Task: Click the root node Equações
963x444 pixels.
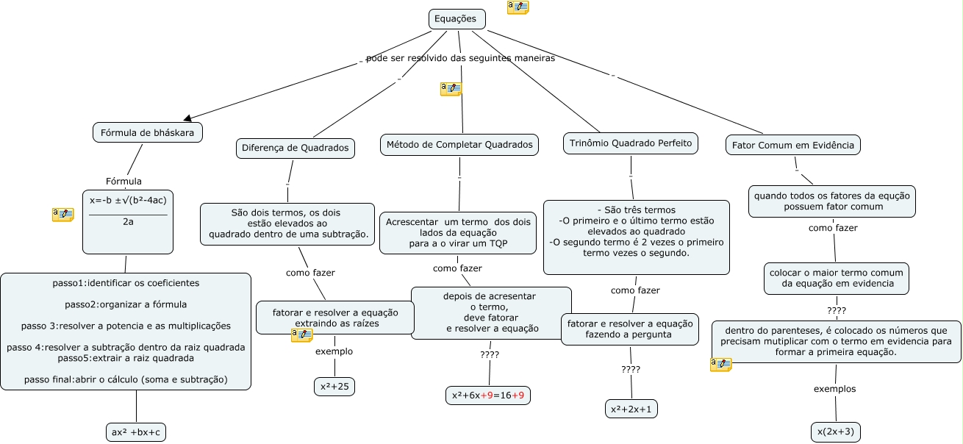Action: coord(457,19)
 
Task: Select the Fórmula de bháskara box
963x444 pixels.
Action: coord(148,132)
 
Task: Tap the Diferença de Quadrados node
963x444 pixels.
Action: coord(296,148)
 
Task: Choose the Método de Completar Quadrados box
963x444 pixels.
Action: coord(459,144)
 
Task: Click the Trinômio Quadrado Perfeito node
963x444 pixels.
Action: coord(630,143)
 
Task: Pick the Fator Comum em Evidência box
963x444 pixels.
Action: coord(792,145)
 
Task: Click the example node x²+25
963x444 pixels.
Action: coord(334,387)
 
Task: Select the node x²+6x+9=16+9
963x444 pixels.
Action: coord(488,395)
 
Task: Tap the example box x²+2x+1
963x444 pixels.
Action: coord(631,409)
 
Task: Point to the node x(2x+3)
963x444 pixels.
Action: coord(836,432)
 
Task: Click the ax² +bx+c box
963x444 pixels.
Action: coord(136,432)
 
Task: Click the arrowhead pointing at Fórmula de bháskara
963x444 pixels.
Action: coord(187,118)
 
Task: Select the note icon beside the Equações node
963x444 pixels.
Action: coord(518,7)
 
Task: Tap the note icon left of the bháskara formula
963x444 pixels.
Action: coord(62,215)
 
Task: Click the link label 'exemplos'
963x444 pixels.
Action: coord(834,389)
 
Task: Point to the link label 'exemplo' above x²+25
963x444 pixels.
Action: coord(334,351)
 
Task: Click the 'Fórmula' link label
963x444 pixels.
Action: coord(123,181)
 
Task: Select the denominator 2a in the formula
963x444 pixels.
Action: coord(128,222)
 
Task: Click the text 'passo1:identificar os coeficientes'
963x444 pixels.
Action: coord(126,283)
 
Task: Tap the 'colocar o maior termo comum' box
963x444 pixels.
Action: coord(836,278)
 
